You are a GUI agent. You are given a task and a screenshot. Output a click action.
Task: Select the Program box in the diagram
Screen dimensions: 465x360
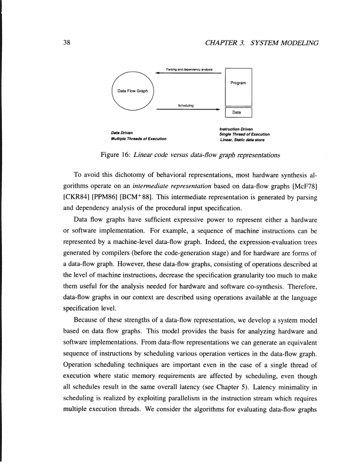pos(238,83)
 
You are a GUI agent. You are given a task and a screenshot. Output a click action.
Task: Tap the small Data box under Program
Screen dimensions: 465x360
pos(238,112)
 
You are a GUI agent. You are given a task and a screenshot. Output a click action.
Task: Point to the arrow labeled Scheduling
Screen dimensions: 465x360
pos(188,109)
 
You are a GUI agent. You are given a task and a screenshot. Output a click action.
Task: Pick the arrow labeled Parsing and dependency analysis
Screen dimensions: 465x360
pos(188,73)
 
